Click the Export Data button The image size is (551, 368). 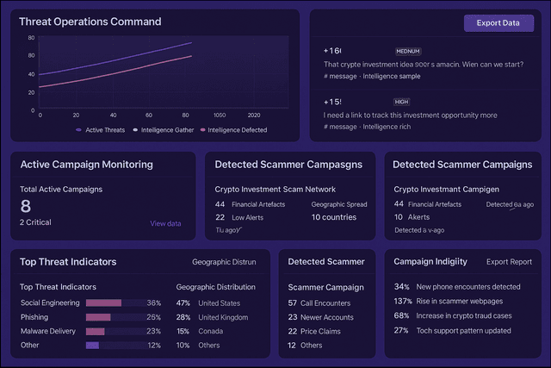pyautogui.click(x=498, y=23)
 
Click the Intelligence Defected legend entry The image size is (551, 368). pyautogui.click(x=232, y=130)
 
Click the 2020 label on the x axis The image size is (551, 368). pyautogui.click(x=254, y=115)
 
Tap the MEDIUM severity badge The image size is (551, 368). pyautogui.click(x=408, y=52)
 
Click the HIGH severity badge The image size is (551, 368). pyautogui.click(x=402, y=102)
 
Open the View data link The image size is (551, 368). pyautogui.click(x=165, y=223)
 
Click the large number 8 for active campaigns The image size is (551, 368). pyautogui.click(x=26, y=206)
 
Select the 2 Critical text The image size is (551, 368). pyautogui.click(x=35, y=222)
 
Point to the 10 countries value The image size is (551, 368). pyautogui.click(x=335, y=217)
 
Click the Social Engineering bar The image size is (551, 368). pyautogui.click(x=103, y=303)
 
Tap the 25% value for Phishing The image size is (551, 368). pyautogui.click(x=154, y=317)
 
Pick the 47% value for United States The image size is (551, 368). pyautogui.click(x=183, y=303)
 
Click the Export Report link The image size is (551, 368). pyautogui.click(x=509, y=261)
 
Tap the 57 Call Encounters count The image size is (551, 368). pyautogui.click(x=293, y=303)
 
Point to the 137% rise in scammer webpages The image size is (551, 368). pyautogui.click(x=401, y=301)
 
